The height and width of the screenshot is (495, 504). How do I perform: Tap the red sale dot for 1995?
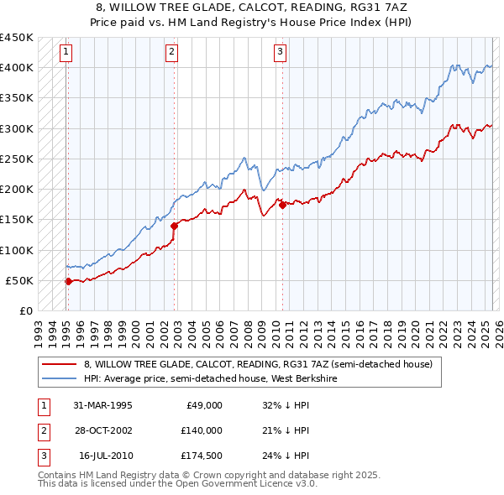68,281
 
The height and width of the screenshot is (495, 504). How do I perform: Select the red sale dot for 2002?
174,226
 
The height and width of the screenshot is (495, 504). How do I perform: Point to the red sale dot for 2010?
282,205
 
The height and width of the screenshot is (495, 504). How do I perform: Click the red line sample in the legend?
59,364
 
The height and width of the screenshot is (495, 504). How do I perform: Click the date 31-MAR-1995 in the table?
102,405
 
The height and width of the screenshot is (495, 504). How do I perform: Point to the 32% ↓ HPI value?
286,405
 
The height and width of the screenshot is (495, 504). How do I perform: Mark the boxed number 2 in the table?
44,430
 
